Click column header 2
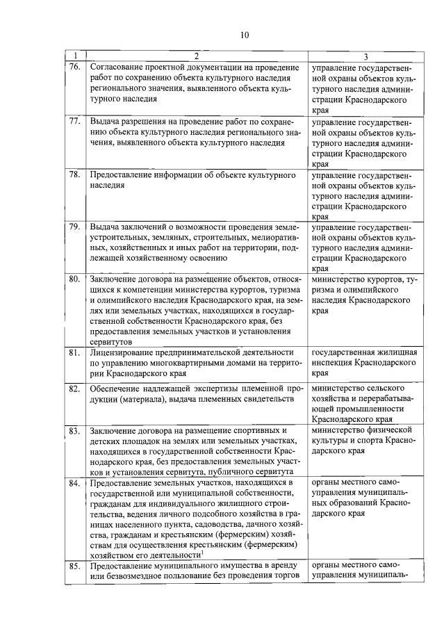(x=196, y=56)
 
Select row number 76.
(x=75, y=67)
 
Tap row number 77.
(x=75, y=121)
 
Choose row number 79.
(x=75, y=227)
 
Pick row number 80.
(x=75, y=279)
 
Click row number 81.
(x=75, y=354)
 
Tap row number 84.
(x=75, y=482)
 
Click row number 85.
(x=75, y=567)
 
